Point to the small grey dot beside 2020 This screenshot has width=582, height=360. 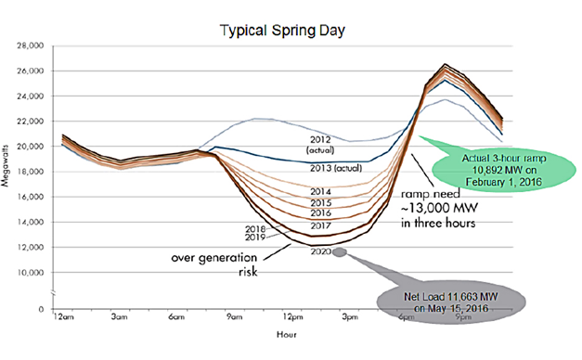(342, 251)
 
